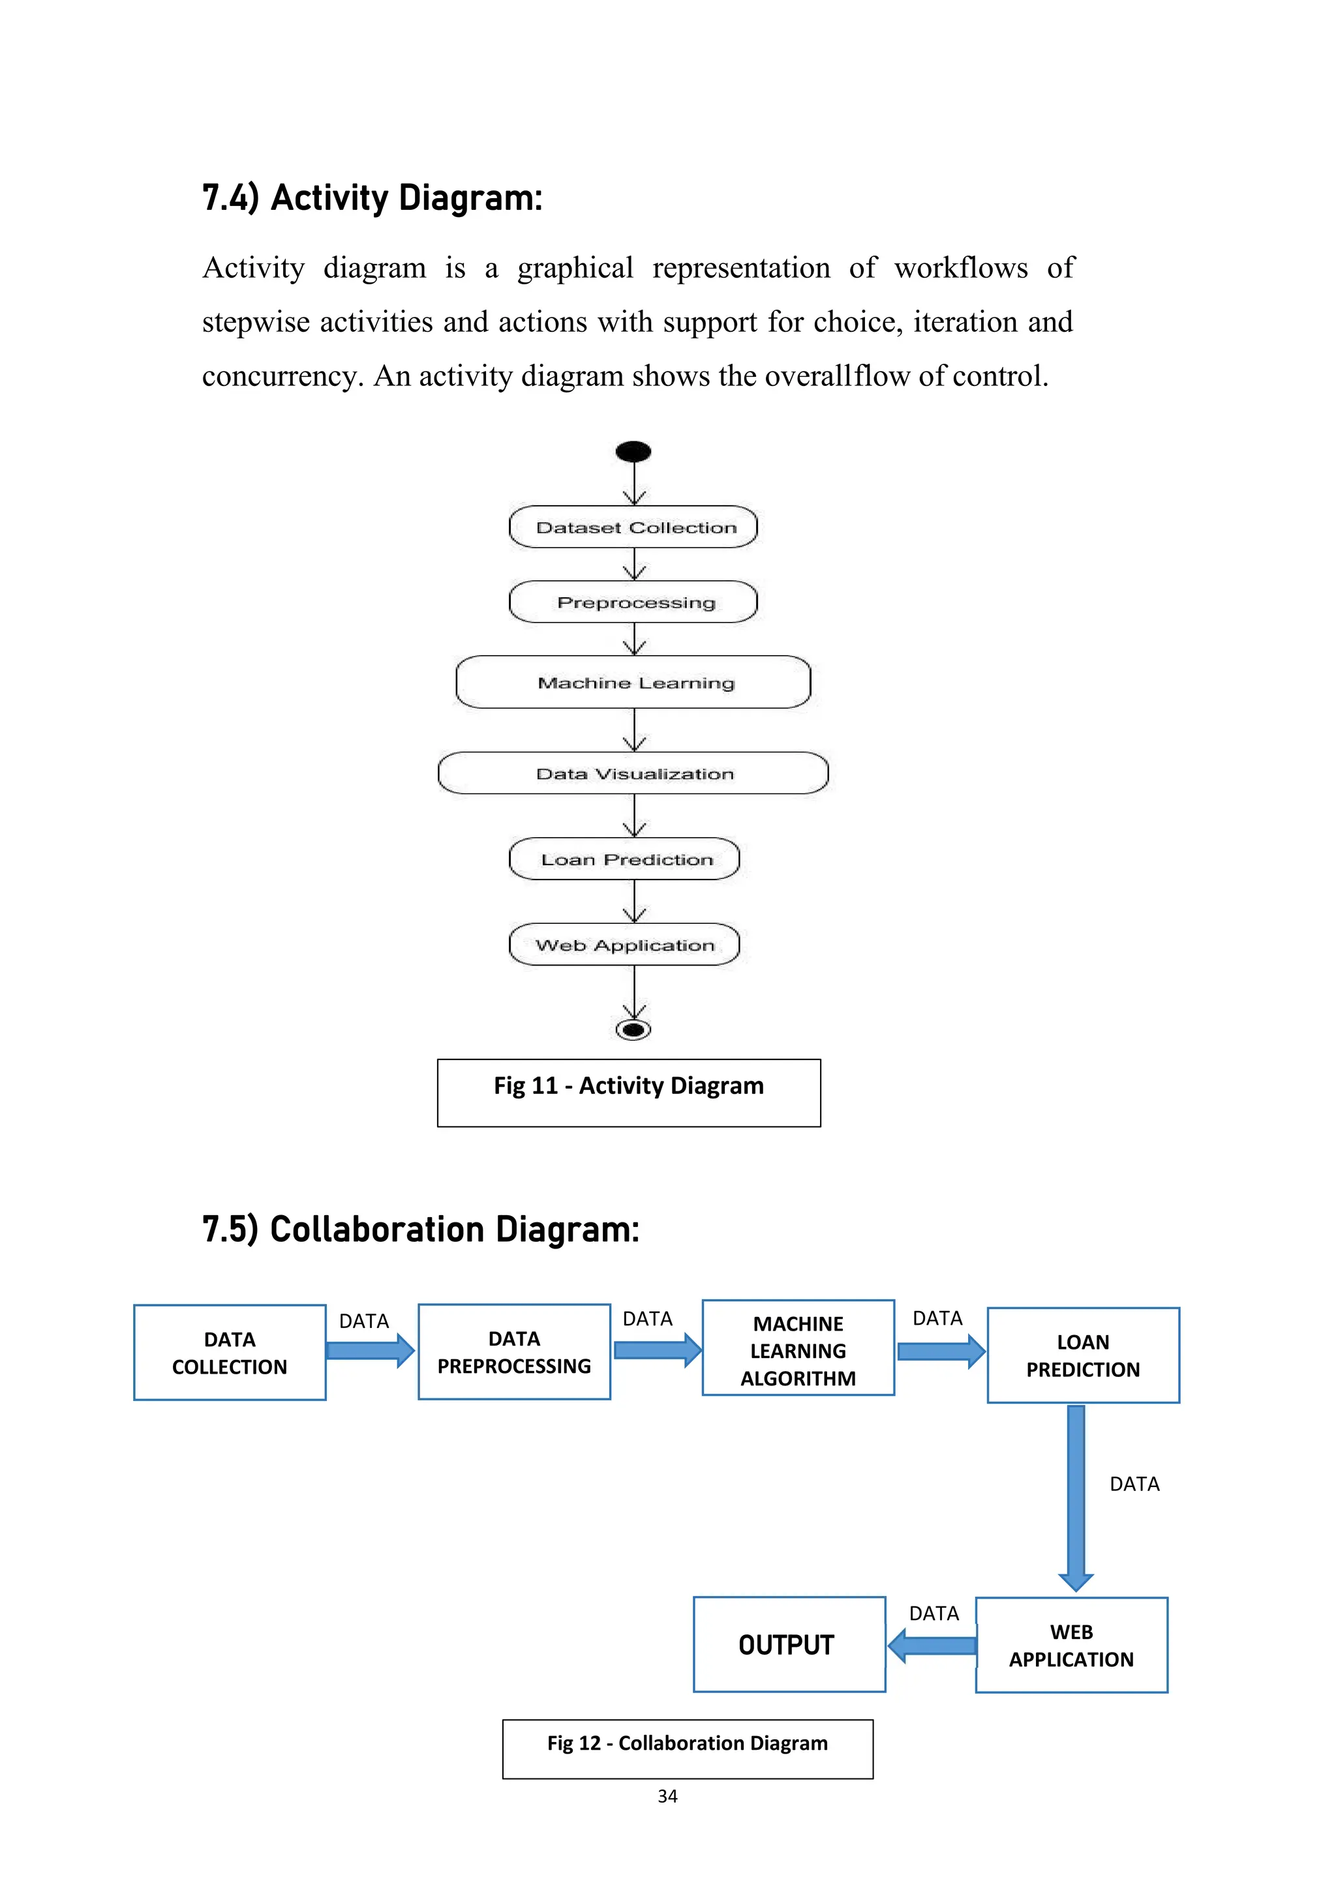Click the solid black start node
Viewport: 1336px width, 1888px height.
633,451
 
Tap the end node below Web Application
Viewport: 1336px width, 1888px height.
633,1029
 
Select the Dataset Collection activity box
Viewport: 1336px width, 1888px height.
633,527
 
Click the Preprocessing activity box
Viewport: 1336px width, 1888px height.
633,602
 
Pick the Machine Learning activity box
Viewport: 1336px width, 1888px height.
633,682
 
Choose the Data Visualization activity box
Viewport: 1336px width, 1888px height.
633,773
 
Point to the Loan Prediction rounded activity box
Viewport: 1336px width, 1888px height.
624,859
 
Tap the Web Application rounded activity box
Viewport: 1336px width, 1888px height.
624,945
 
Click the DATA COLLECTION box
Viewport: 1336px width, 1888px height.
230,1353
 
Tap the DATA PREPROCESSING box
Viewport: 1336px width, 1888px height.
514,1352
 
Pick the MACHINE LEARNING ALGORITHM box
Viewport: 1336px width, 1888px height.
798,1350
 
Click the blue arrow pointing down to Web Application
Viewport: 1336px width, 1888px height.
1076,1497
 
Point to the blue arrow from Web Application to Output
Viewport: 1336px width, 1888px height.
932,1646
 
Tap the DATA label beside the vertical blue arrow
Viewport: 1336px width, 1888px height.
1134,1484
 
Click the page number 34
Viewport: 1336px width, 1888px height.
667,1797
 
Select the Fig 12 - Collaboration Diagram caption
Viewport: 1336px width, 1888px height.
688,1743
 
